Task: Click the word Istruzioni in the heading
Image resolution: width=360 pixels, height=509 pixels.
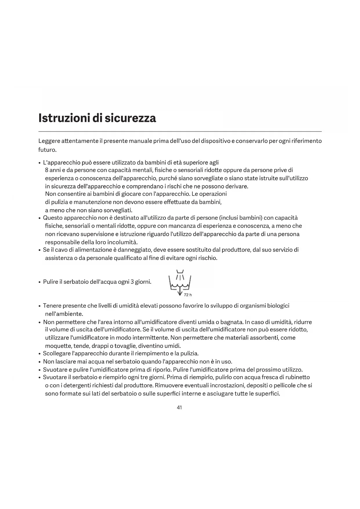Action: [64, 118]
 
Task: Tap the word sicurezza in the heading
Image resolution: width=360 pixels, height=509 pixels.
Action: [130, 118]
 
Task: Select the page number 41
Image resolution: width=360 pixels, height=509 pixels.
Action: [179, 407]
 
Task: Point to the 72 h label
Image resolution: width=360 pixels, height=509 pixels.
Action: [188, 295]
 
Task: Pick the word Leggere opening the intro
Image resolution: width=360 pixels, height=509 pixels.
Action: [49, 141]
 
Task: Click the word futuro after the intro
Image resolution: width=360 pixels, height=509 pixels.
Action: [47, 150]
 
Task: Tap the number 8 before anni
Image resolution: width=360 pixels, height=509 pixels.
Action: [46, 170]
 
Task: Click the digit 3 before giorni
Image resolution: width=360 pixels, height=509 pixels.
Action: [132, 282]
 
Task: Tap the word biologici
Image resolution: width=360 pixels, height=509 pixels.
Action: [278, 306]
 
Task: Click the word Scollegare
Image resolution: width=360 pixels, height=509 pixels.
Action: [57, 353]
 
